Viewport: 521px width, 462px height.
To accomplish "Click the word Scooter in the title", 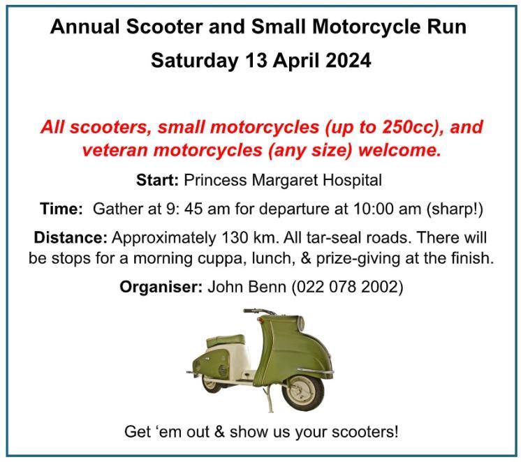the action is tap(164, 27).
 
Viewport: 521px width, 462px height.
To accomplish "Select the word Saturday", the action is tap(195, 61).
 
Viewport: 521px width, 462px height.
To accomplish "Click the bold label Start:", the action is tap(158, 180).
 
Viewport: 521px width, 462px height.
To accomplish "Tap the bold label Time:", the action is tap(61, 209).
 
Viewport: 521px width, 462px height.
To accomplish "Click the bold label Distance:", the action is tap(71, 238).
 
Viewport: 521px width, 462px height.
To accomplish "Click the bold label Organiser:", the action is tap(161, 287).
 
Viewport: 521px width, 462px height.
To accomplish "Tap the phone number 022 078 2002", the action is tap(347, 287).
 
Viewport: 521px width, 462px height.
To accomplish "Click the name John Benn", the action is tap(247, 287).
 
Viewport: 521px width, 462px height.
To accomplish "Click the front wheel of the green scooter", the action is tap(302, 393).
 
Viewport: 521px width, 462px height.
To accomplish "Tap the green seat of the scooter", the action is tap(226, 341).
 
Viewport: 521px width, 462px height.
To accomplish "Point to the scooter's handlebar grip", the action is tap(251, 311).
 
